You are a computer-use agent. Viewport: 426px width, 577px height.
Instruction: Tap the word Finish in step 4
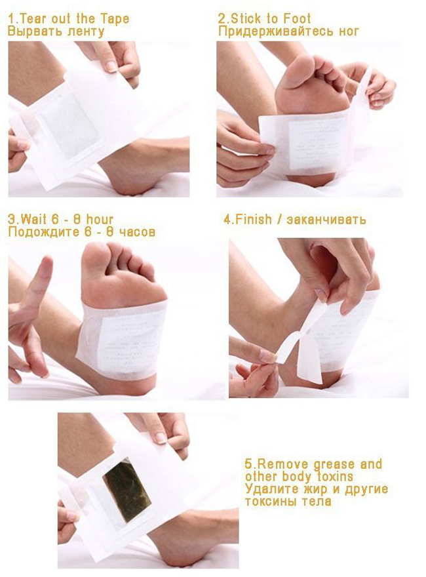254,219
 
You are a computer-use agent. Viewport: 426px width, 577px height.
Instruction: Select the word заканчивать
326,220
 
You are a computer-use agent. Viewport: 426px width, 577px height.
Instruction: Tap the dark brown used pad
127,489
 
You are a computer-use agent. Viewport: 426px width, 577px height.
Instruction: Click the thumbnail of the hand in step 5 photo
161,437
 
